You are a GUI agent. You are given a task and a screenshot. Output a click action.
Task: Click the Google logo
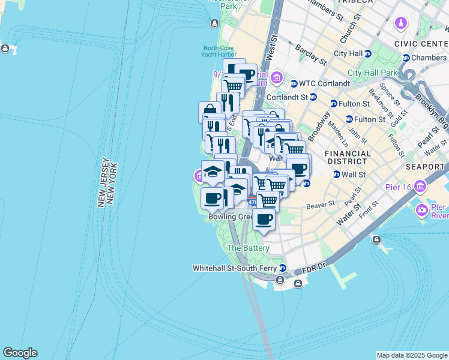click(x=20, y=353)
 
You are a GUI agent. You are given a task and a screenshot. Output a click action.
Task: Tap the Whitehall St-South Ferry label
click(x=235, y=268)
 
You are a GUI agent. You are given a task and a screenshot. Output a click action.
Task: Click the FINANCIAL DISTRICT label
click(x=348, y=157)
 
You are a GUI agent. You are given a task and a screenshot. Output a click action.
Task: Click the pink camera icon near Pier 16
click(x=422, y=210)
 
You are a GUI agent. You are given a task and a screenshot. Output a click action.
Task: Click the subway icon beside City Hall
click(x=367, y=53)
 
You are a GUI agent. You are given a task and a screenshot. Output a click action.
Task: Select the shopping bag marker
click(x=209, y=111)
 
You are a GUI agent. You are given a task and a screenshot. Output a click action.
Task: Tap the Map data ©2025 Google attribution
click(x=412, y=355)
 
